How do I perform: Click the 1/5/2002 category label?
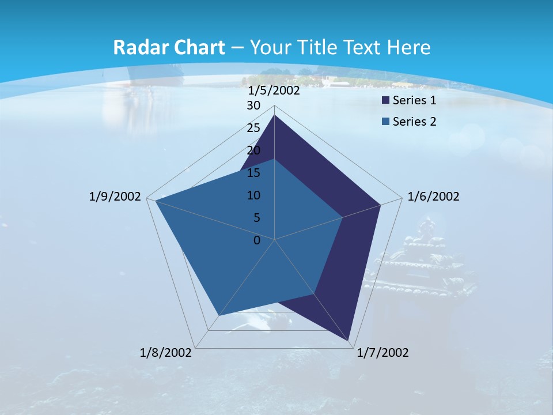coord(274,90)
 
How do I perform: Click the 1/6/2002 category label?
coord(433,197)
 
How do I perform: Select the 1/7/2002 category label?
coord(382,353)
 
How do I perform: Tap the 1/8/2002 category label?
coord(166,353)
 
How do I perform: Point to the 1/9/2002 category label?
coord(115,197)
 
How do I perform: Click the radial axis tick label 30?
coord(253,105)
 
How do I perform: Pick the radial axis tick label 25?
coord(253,128)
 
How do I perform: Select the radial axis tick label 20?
coord(253,150)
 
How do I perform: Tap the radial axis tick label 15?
coord(253,173)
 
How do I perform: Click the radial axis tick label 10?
coord(253,195)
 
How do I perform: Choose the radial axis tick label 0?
coord(257,240)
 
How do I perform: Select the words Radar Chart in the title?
coord(168,47)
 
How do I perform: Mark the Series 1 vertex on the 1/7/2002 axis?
coord(349,341)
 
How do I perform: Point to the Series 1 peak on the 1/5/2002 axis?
coord(275,115)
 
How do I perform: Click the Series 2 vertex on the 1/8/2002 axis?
coord(218,316)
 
